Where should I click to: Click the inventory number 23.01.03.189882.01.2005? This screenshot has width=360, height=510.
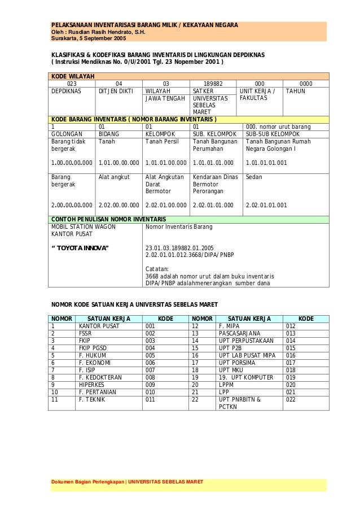click(179, 248)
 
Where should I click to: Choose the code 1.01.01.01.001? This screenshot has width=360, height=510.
click(266, 164)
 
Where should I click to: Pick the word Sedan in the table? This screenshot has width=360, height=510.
click(254, 177)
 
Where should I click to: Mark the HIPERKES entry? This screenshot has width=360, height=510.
click(93, 385)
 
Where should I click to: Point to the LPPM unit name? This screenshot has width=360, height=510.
click(227, 385)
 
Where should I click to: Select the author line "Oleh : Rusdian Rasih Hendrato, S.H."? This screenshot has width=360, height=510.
click(98, 32)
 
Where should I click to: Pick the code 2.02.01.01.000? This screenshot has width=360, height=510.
click(213, 206)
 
